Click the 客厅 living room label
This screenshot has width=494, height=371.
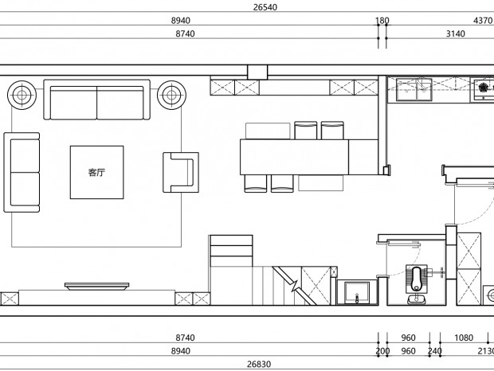pos(96,173)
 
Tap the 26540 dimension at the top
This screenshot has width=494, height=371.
pos(265,7)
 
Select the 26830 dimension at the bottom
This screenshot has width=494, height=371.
pos(259,364)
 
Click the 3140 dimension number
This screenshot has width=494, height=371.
pos(455,33)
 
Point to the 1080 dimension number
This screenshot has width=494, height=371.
pos(464,338)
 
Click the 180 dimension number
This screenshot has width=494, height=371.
pos(382,21)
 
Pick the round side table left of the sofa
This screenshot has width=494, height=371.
pos(22,95)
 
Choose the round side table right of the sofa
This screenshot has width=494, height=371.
pos(171,95)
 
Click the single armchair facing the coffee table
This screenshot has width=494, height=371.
pos(181,173)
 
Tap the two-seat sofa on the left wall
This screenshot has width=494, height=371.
pos(22,173)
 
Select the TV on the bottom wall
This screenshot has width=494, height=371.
pos(96,286)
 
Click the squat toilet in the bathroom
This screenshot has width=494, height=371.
pos(417,279)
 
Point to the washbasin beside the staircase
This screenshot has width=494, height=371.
pos(357,293)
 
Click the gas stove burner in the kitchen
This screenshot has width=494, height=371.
pos(483,88)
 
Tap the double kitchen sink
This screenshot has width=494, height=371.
pos(414,90)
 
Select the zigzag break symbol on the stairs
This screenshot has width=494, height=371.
pos(295,286)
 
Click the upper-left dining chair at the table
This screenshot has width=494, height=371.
pos(306,131)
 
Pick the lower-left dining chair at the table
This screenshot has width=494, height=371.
pos(256,183)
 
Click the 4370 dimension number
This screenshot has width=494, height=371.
pos(483,21)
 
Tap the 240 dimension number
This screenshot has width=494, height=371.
pos(435,351)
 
